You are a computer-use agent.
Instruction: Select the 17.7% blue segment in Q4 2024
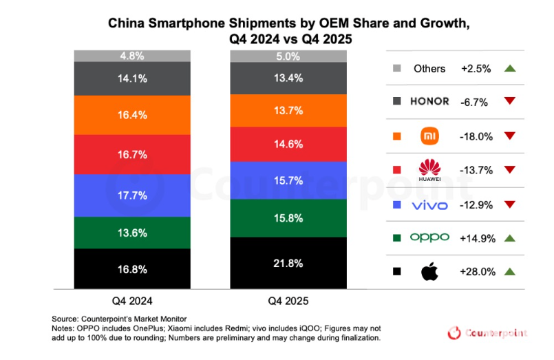[131, 195]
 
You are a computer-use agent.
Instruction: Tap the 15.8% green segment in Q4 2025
[288, 218]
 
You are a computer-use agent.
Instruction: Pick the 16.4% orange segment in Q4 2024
[131, 115]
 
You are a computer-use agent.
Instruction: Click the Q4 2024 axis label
[131, 301]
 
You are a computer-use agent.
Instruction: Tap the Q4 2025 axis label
[288, 301]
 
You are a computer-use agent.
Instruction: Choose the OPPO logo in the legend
[429, 237]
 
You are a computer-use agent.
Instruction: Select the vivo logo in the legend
[429, 204]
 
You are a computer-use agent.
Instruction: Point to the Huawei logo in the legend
[429, 170]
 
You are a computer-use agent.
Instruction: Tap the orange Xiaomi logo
[429, 136]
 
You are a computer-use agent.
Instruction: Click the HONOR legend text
[429, 102]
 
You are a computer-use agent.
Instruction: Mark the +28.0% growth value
[477, 271]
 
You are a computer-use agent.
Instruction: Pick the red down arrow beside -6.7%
[509, 102]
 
